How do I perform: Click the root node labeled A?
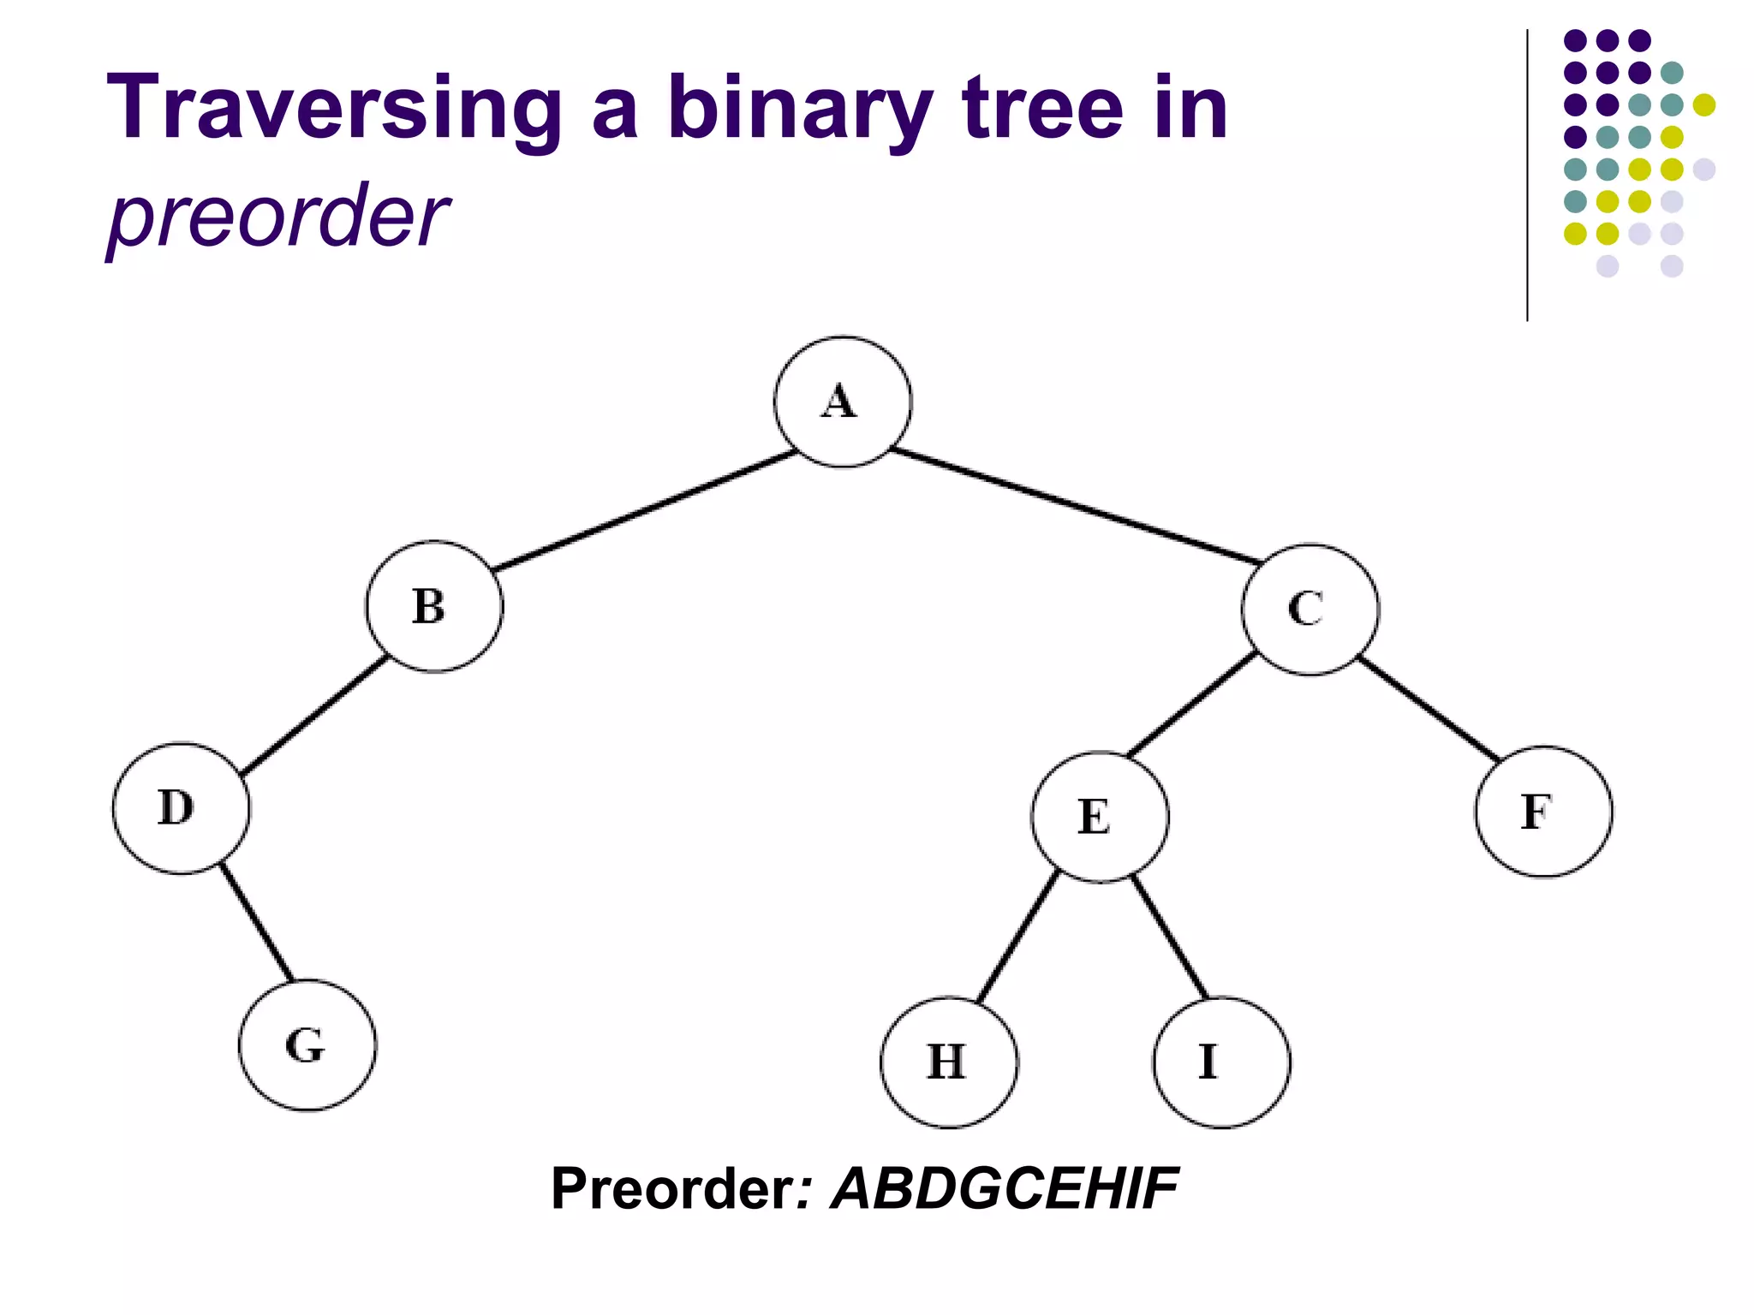point(843,402)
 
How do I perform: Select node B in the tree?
point(434,606)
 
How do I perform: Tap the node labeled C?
point(1310,609)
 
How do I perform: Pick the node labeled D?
point(182,808)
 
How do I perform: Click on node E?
point(1100,816)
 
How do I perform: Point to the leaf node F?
point(1542,812)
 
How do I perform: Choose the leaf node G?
point(307,1045)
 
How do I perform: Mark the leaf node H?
point(949,1062)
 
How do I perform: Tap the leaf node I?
point(1221,1062)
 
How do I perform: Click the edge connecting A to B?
point(647,510)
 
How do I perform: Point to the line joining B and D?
point(314,716)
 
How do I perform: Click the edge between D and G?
point(256,922)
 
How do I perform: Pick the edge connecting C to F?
point(1428,709)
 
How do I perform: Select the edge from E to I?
point(1170,937)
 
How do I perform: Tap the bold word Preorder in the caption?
point(673,1188)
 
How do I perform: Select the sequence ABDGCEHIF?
point(1005,1188)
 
